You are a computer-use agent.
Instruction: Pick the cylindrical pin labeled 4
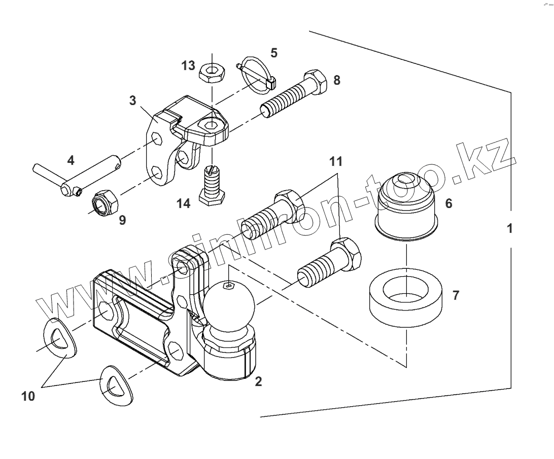76,178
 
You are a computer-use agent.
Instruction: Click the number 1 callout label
510,228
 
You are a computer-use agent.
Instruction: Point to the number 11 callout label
335,162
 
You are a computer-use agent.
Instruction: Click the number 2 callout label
258,382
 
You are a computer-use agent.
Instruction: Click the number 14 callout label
183,204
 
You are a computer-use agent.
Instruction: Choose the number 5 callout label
274,52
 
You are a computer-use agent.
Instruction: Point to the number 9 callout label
122,220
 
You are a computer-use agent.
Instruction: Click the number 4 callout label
71,161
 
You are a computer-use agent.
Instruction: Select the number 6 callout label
448,204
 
